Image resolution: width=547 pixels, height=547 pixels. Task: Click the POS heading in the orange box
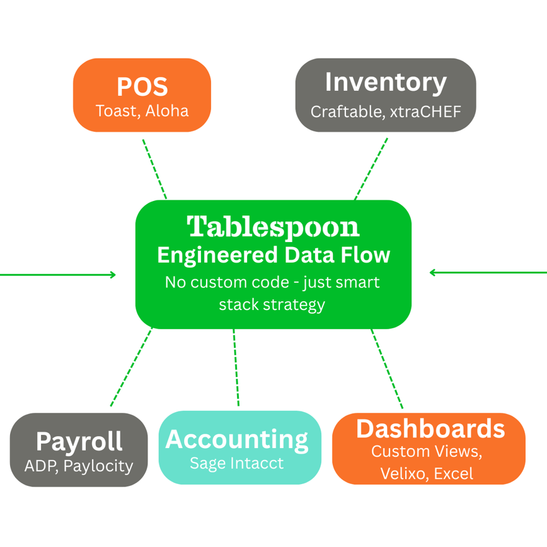[142, 87]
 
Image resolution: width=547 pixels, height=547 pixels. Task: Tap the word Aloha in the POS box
[167, 111]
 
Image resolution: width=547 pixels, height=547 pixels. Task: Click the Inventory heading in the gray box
[385, 83]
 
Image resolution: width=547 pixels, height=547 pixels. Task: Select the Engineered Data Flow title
[273, 255]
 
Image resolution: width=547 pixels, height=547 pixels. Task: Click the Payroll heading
[79, 441]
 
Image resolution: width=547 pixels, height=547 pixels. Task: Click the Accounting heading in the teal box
[237, 439]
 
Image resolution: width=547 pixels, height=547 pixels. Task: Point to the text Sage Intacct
[237, 464]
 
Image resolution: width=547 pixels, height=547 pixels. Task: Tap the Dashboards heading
[430, 429]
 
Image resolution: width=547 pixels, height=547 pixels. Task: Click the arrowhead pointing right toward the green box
[113, 274]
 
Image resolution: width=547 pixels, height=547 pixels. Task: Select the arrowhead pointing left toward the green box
[433, 272]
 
